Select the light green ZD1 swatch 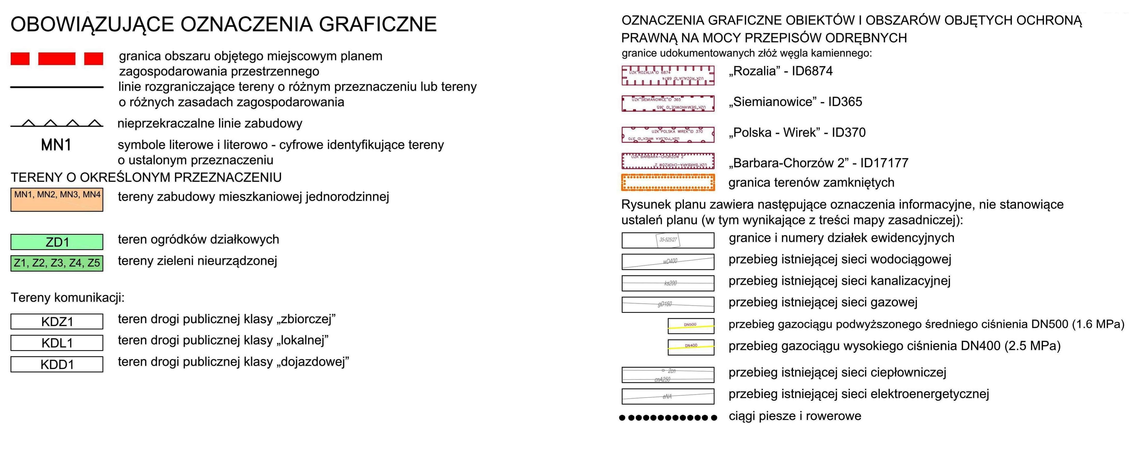(x=57, y=242)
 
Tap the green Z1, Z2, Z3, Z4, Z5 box (x=57, y=263)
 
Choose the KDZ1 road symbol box (x=57, y=321)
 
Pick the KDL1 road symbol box (x=57, y=343)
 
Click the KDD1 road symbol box (x=57, y=364)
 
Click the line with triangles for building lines (x=57, y=124)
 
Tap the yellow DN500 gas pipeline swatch (x=691, y=326)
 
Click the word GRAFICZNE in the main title (x=377, y=24)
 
